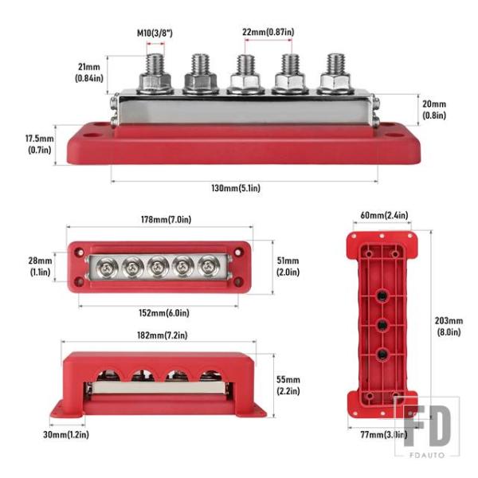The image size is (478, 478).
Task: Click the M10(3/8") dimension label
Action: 155,33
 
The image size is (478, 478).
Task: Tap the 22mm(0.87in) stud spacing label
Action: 268,32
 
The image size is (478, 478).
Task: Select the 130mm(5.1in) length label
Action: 236,188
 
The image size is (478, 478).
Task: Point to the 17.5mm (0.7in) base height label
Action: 39,144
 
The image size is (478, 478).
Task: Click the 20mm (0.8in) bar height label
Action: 434,110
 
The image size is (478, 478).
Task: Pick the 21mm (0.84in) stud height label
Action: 89,72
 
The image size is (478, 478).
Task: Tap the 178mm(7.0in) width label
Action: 167,220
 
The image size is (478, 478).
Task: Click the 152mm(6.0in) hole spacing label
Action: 164,313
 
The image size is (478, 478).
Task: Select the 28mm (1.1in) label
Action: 41,266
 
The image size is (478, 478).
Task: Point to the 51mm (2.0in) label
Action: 288,266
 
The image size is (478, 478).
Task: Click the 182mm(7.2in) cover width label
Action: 163,335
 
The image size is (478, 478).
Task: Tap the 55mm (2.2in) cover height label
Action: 288,386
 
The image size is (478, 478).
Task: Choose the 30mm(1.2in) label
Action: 66,435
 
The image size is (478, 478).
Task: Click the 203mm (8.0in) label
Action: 449,327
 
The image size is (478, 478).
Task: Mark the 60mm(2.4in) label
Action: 384,215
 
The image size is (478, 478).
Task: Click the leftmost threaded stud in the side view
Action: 155,65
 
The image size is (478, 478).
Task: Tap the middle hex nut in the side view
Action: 245,82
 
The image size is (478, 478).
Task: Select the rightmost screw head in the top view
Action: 208,266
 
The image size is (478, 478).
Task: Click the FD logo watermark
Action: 427,426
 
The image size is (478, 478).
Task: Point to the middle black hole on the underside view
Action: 382,325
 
